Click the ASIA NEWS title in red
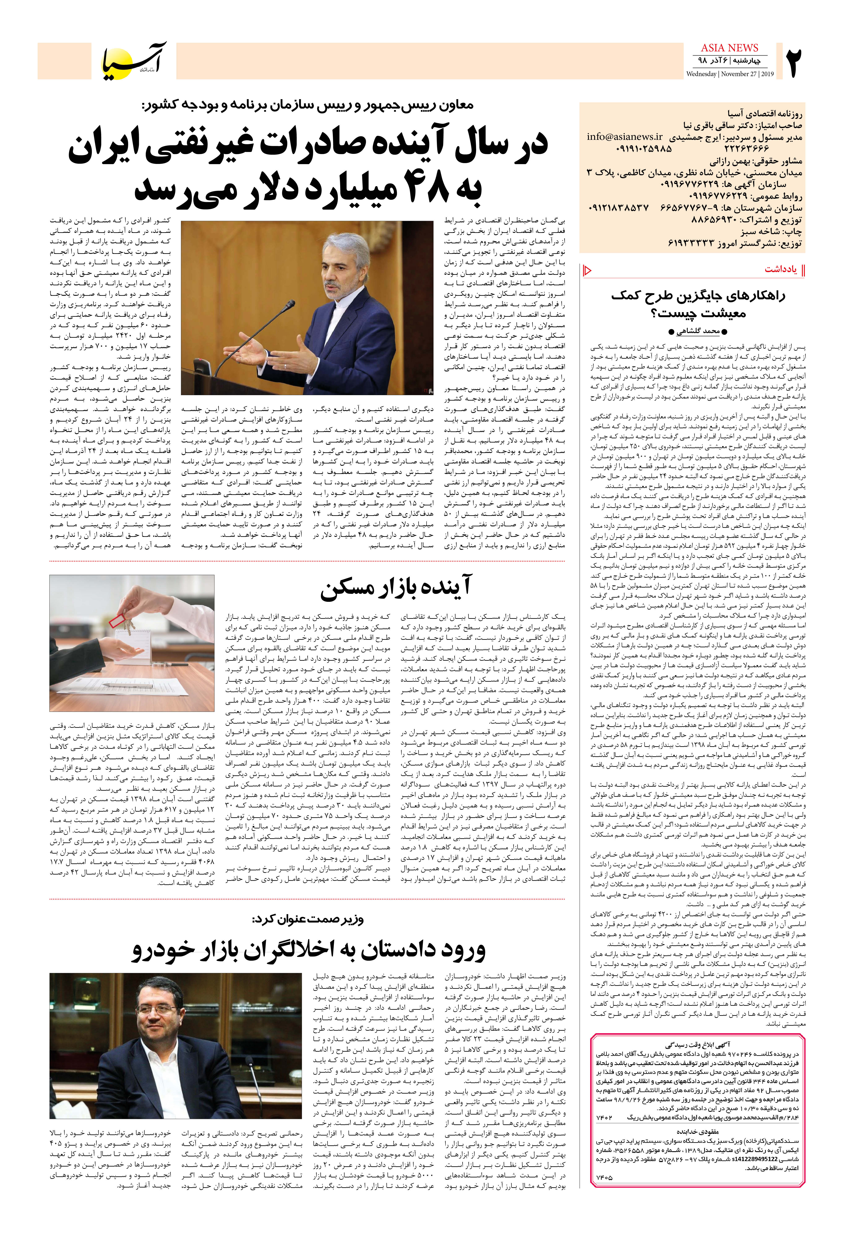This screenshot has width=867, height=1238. pos(729,48)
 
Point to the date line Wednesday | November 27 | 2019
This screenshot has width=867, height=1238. pos(729,74)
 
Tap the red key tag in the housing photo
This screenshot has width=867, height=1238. pos(117,620)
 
